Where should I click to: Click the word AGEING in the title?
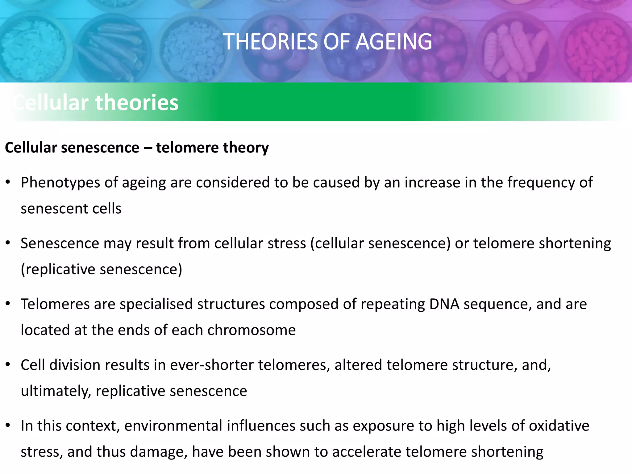point(394,42)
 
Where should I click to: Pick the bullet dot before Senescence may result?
point(8,243)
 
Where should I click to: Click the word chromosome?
point(252,330)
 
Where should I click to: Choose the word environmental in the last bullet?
point(173,426)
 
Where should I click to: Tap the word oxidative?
point(559,426)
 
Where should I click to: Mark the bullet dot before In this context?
point(8,426)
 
